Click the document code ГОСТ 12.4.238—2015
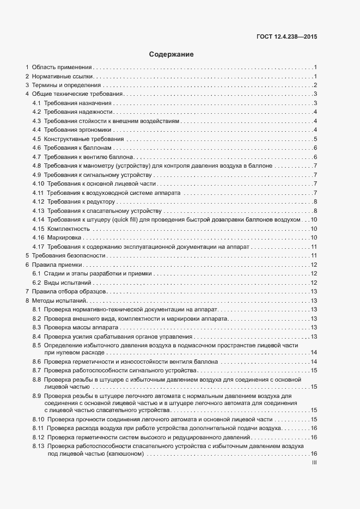click(286, 37)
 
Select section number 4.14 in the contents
click(38, 219)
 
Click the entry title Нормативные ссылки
click(62, 76)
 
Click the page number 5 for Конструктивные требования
click(315, 139)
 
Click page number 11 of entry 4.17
click(314, 247)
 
